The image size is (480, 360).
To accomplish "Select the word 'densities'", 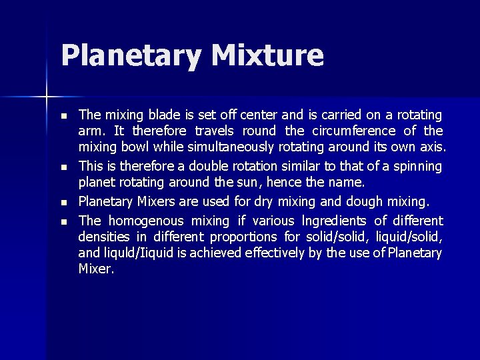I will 105,237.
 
